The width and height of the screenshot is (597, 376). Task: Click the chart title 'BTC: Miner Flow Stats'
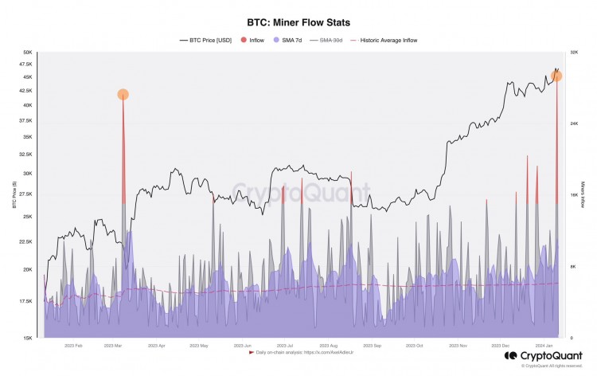(298, 22)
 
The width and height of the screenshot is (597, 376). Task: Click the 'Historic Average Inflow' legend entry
(387, 40)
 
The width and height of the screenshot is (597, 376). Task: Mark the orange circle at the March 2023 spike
(123, 95)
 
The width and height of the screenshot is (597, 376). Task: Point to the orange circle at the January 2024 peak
(556, 76)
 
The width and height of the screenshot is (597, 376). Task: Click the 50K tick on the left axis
(28, 53)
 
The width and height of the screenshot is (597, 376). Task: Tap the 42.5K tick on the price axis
(27, 91)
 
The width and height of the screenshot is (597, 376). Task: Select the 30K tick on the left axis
(28, 173)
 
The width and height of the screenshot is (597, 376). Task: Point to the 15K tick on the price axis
(28, 338)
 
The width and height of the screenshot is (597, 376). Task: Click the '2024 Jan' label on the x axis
(543, 346)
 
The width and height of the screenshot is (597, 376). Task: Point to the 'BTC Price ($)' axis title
(14, 195)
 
